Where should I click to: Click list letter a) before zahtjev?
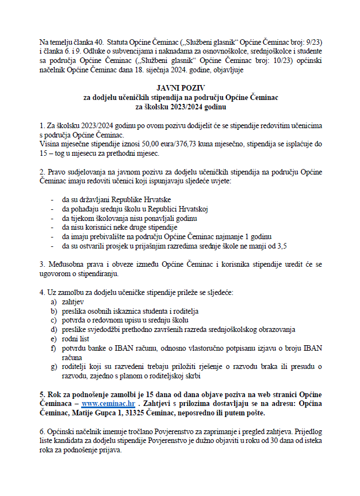54,303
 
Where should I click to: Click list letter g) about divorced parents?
54,366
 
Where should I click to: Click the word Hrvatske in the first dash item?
156,198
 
